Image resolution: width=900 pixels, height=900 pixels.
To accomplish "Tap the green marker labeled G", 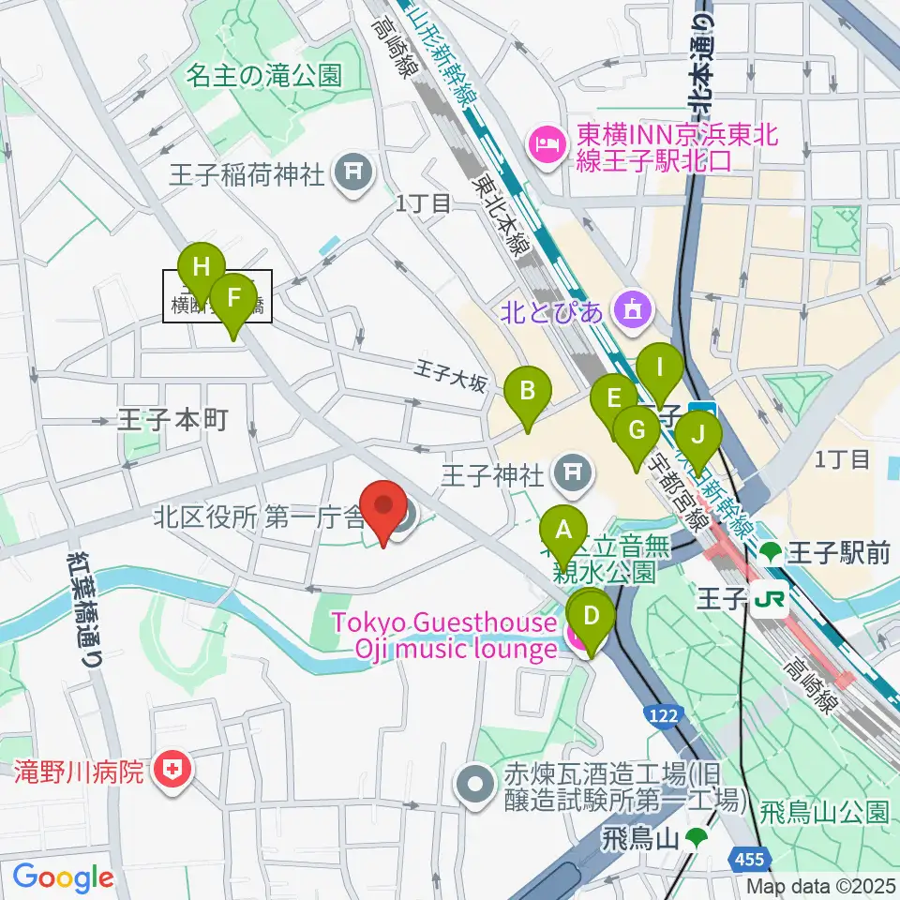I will (637, 431).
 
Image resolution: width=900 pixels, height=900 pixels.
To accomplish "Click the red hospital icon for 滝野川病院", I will (173, 772).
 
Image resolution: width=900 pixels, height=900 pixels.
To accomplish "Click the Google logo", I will (63, 877).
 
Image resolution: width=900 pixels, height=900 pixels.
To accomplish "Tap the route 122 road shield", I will (662, 715).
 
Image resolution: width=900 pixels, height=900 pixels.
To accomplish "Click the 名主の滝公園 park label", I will (263, 75).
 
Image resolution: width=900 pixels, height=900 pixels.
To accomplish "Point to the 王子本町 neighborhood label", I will (173, 419).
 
